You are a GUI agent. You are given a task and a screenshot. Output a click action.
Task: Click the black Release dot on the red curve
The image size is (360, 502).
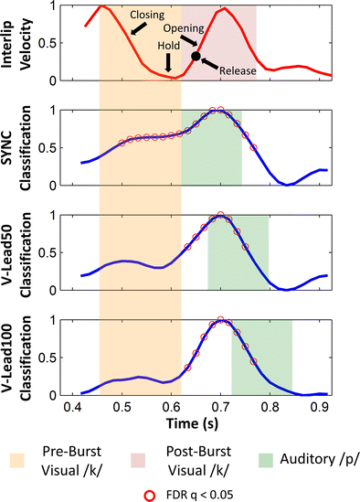point(196,57)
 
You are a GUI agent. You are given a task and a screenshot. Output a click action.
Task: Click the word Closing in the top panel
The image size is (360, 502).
point(147,16)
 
